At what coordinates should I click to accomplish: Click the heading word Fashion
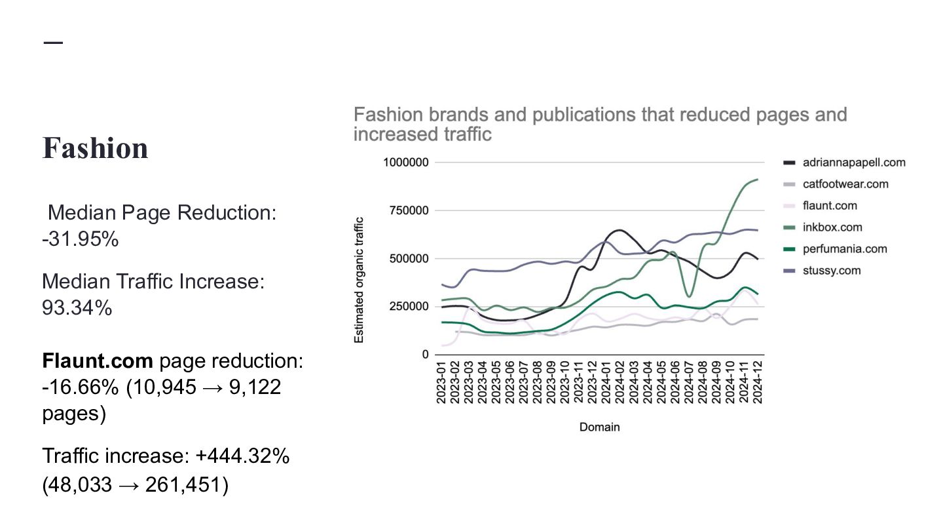click(95, 148)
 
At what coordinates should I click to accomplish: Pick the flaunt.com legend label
click(830, 206)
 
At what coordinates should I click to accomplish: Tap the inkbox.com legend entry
click(832, 227)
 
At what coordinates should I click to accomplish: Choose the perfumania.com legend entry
click(845, 249)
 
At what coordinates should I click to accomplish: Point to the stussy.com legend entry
click(832, 271)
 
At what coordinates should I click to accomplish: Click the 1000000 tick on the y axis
click(405, 163)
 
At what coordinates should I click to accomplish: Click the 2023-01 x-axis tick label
click(441, 382)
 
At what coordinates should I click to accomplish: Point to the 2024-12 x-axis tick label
click(758, 382)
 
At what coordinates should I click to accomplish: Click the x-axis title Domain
click(599, 427)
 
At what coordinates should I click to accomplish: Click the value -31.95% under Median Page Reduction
click(80, 239)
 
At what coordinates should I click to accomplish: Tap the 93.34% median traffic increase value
click(77, 307)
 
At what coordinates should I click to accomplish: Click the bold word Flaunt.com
click(98, 361)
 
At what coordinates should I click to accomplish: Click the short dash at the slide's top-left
click(53, 43)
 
